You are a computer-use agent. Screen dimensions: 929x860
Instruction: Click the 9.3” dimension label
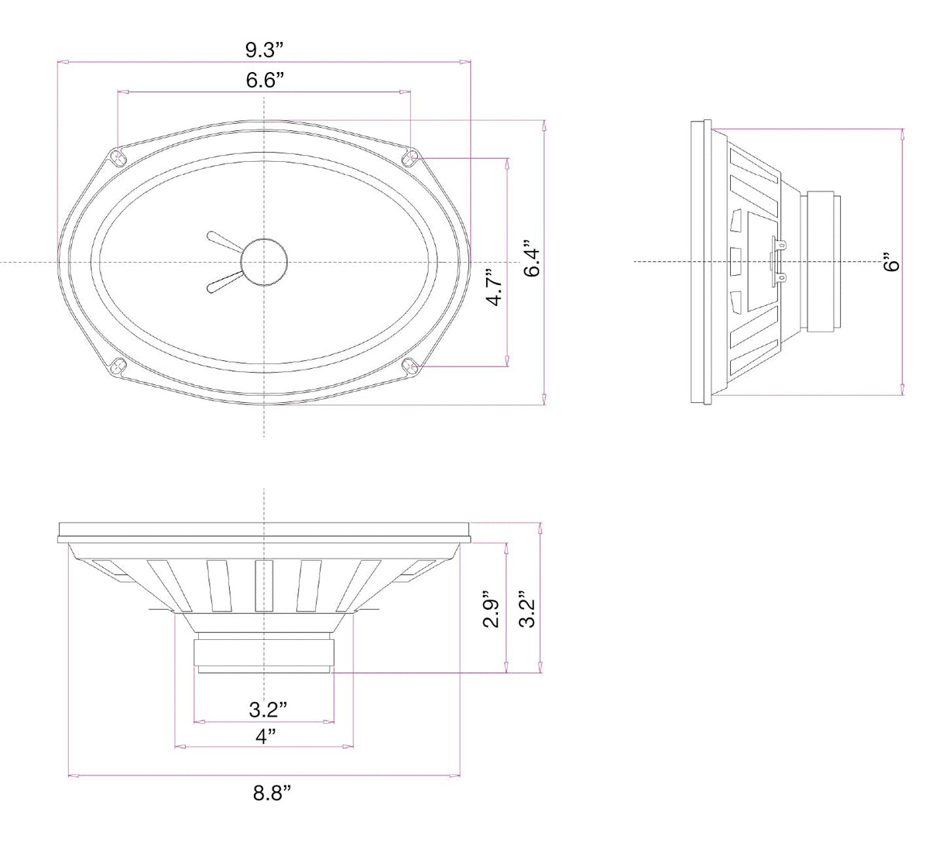click(x=265, y=50)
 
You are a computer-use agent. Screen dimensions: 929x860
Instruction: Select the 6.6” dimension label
click(x=265, y=80)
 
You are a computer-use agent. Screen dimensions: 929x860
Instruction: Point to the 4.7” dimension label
click(x=495, y=287)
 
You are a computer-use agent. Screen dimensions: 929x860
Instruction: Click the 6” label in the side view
click(x=892, y=262)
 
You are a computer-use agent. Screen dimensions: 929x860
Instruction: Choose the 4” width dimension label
click(x=266, y=736)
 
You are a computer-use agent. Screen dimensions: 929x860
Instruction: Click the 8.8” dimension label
click(x=272, y=793)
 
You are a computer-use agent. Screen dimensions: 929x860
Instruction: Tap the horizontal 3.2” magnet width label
click(x=268, y=710)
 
